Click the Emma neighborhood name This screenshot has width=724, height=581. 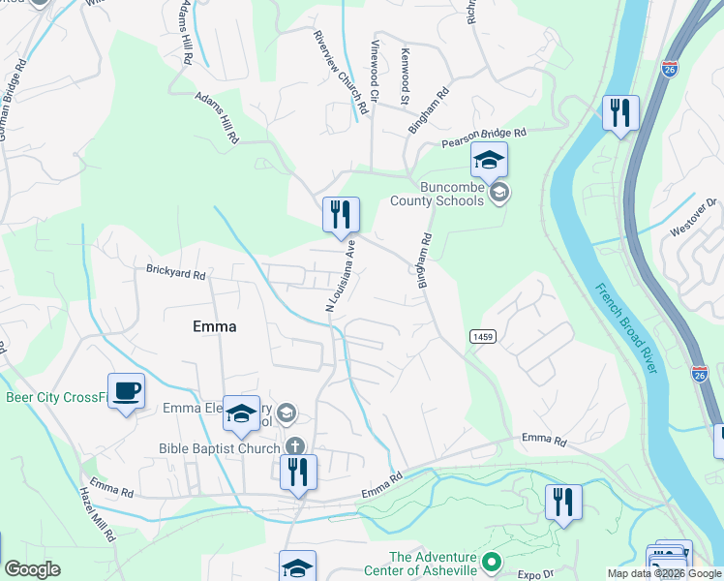[x=214, y=326]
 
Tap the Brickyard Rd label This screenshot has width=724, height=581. [x=176, y=274]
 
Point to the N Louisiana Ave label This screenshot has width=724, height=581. [x=342, y=276]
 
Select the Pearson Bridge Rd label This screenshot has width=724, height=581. [x=483, y=138]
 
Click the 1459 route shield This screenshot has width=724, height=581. [x=484, y=336]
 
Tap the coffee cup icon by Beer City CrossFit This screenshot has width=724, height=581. [x=126, y=391]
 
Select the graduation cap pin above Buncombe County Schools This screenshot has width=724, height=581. [x=489, y=160]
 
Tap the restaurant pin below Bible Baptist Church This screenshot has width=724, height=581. [x=298, y=473]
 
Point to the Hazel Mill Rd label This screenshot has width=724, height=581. [x=99, y=514]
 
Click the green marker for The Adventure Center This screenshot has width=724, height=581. [x=492, y=562]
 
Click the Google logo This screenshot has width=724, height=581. [x=33, y=569]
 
